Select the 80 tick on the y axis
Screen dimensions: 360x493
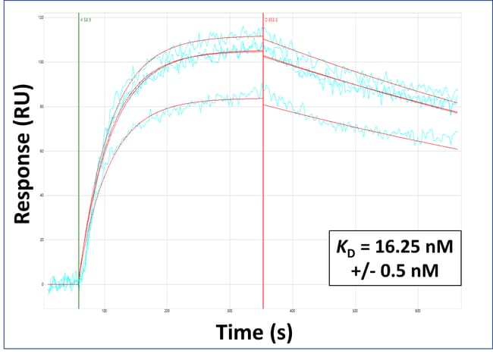click(x=41, y=106)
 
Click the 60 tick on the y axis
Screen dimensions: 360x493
click(x=41, y=151)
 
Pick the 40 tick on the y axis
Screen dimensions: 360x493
click(x=41, y=196)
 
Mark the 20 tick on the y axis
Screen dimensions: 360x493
click(x=41, y=239)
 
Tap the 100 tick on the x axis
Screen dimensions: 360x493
click(x=104, y=311)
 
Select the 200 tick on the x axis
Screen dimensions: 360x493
click(x=167, y=311)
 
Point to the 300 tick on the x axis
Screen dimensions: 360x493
click(x=230, y=311)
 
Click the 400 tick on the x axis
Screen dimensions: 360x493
click(x=293, y=311)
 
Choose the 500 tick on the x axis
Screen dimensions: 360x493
click(x=356, y=311)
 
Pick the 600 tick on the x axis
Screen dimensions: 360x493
click(x=419, y=311)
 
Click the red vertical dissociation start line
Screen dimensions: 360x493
click(x=263, y=189)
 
